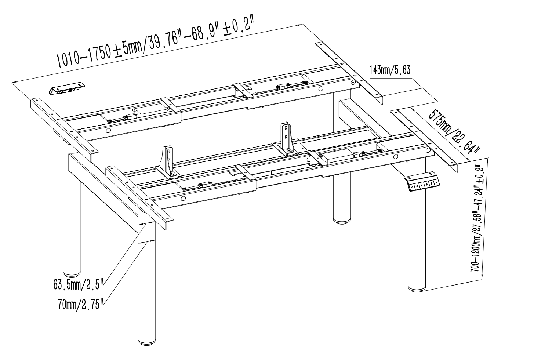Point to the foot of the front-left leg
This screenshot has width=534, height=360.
click(x=146, y=342)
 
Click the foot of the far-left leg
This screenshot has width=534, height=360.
click(x=72, y=273)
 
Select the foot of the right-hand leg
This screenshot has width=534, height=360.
click(x=417, y=288)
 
